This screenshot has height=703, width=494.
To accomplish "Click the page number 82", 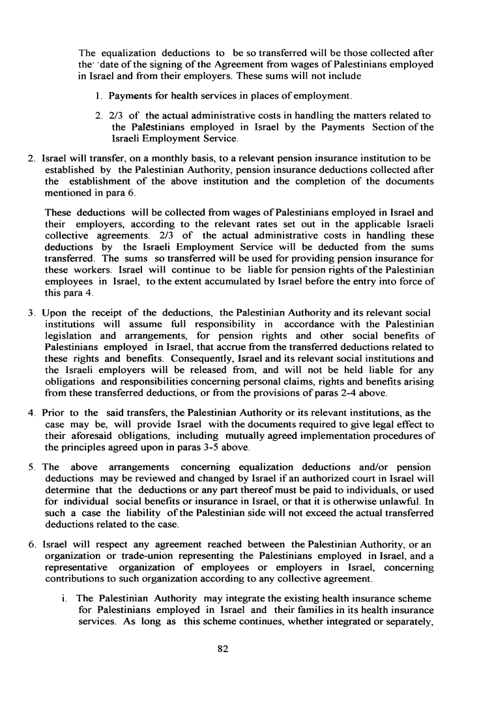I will point(246,649).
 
